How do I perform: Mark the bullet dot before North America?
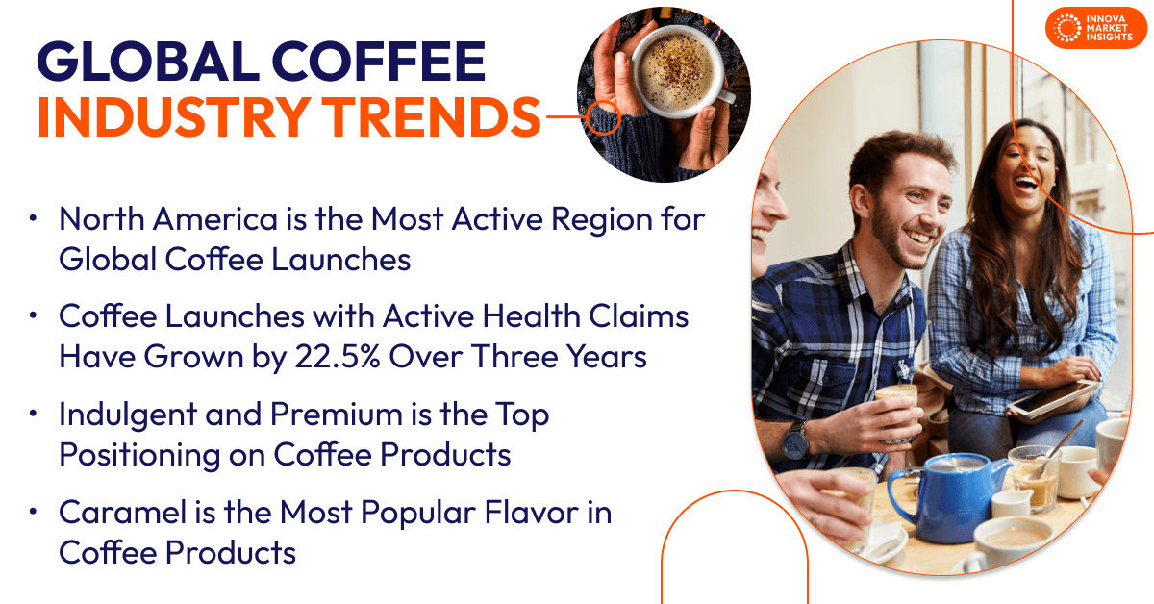pos(35,219)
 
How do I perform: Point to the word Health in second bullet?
pos(514,317)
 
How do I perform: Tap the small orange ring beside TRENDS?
pos(602,116)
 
